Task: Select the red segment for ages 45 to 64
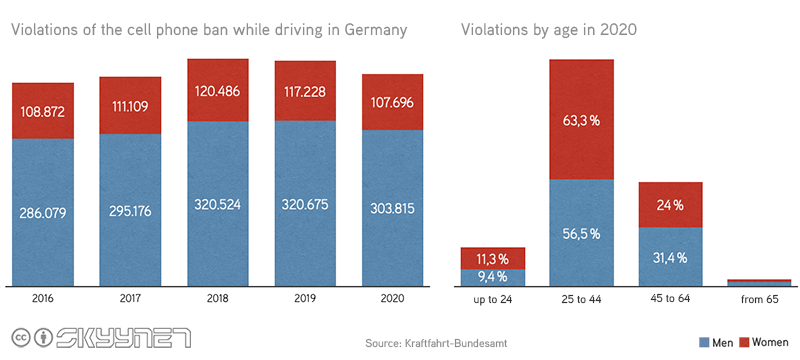(x=670, y=204)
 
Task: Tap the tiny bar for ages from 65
(x=759, y=283)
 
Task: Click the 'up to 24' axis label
(x=493, y=299)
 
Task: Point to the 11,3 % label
(x=493, y=257)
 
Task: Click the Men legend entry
(x=717, y=342)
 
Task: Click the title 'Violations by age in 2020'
(x=549, y=30)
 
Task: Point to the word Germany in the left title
(x=373, y=30)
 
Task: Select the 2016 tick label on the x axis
(x=42, y=299)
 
